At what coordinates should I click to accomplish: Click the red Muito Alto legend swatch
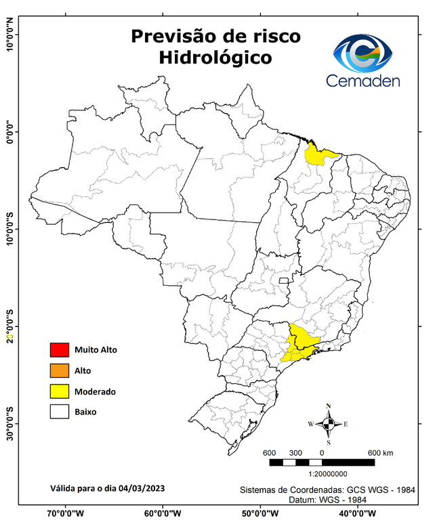pos(59,350)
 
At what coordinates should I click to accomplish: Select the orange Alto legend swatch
pos(59,370)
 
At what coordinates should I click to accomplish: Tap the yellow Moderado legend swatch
pos(59,391)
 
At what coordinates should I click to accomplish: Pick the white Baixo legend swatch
pos(59,412)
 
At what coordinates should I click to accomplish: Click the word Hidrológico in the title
pos(215,58)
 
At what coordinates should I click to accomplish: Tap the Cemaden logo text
pos(363,81)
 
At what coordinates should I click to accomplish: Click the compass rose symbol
pos(329,425)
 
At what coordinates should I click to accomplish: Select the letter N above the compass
pos(329,407)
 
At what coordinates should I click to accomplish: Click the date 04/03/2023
pos(141,488)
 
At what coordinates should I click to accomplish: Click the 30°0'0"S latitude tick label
pos(9,423)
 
